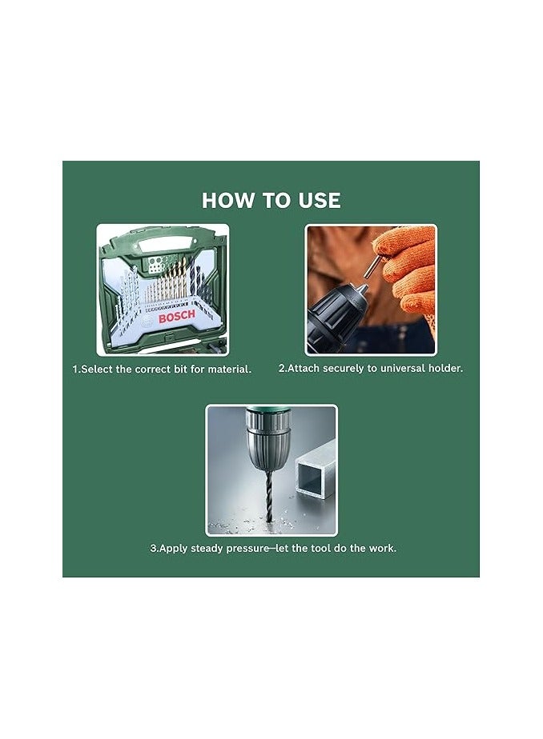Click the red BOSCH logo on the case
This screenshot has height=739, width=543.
point(176,318)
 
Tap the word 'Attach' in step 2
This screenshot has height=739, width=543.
point(304,369)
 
